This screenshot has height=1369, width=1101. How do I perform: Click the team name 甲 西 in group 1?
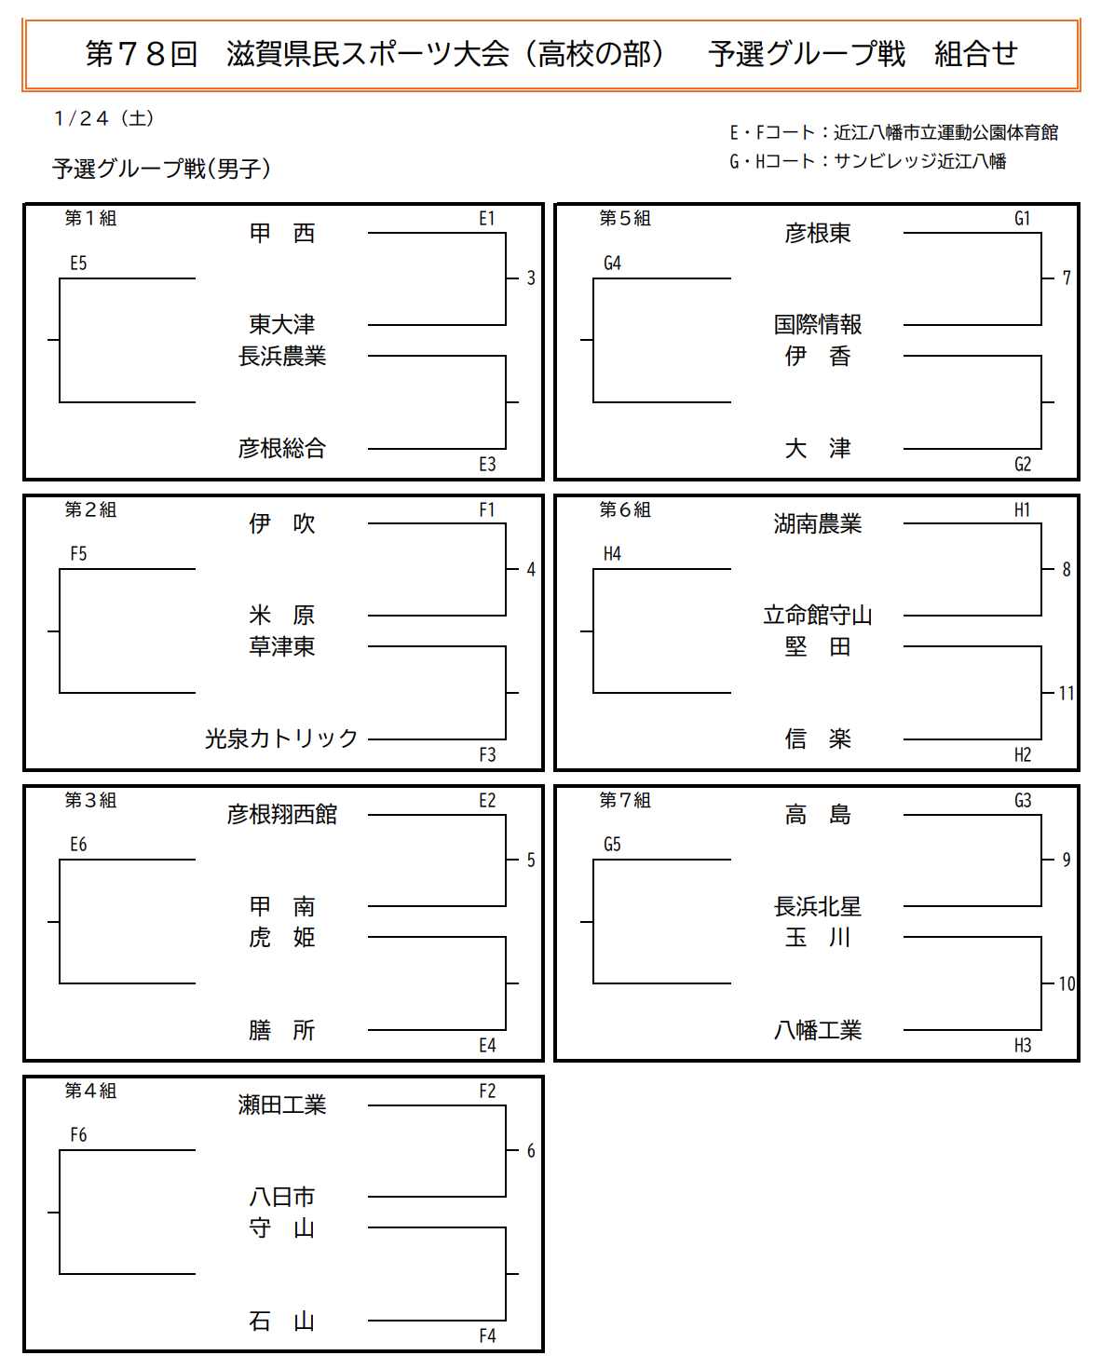(282, 234)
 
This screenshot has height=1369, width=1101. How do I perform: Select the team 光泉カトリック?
(281, 739)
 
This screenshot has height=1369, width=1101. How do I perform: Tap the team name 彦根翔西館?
(282, 814)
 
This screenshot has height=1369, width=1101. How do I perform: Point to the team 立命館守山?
(817, 616)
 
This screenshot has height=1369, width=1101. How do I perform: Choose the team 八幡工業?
(817, 1030)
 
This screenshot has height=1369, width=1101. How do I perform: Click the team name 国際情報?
(817, 324)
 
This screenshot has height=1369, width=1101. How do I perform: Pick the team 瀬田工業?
(282, 1105)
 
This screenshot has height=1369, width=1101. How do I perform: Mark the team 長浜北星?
(817, 906)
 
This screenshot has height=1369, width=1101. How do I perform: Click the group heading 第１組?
(90, 218)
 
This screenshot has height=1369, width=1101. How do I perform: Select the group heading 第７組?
(625, 800)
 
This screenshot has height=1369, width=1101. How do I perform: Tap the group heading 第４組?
(90, 1091)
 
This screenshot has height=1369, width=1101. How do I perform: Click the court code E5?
(78, 263)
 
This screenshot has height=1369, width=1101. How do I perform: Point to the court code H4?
(612, 553)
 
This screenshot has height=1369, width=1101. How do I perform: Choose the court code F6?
(78, 1134)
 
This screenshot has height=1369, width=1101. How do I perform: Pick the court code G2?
(1023, 465)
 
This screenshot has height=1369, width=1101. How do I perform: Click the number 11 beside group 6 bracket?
(1067, 693)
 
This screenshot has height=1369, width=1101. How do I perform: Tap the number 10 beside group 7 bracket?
(1067, 983)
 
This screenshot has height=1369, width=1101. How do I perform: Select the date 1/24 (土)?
(104, 118)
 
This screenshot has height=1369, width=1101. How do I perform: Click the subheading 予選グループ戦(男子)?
(162, 169)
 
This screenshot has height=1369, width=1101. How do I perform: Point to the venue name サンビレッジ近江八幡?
(920, 162)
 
